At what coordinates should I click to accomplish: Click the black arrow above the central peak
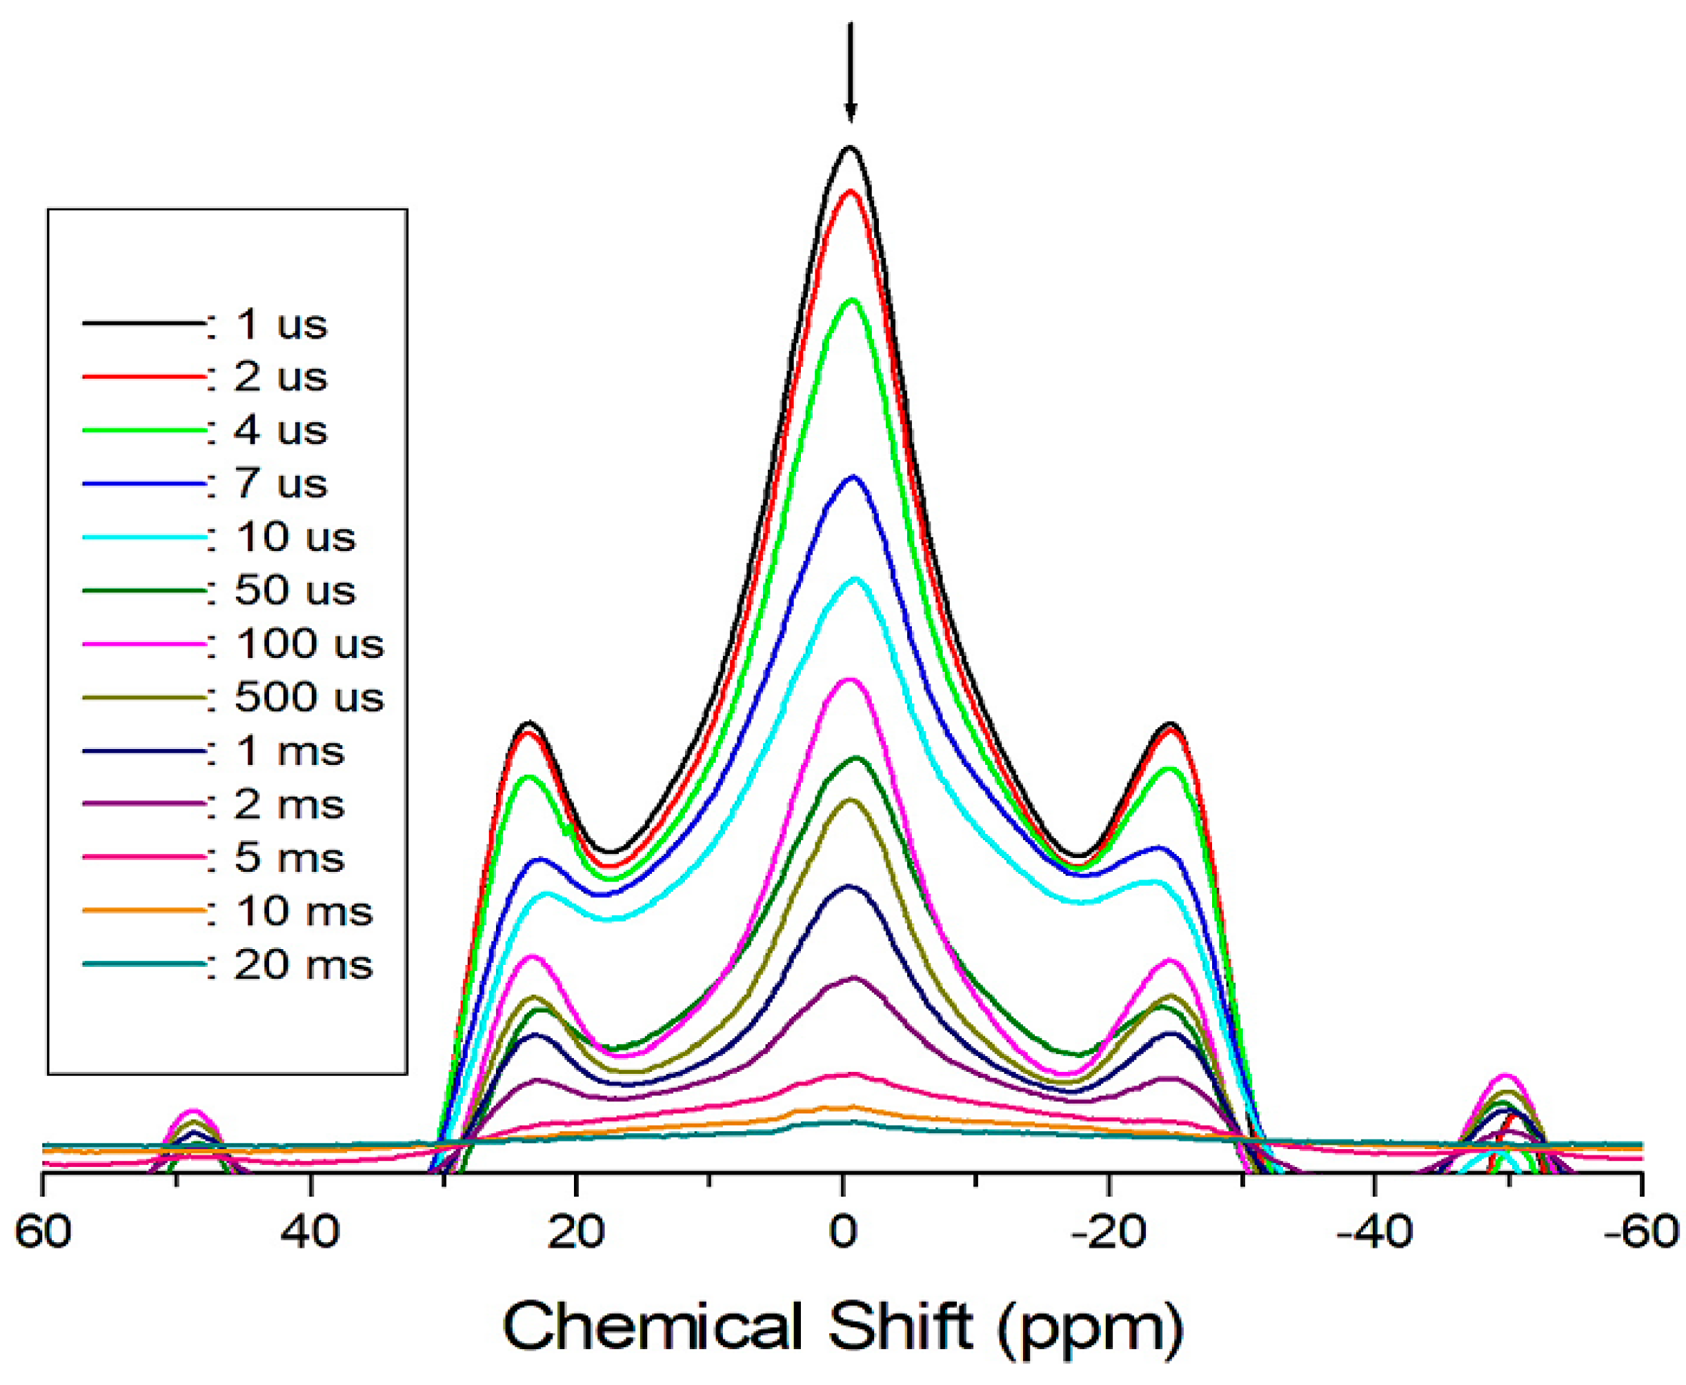click(x=850, y=72)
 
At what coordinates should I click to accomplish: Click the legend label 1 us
click(x=280, y=325)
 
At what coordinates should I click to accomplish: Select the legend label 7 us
click(x=280, y=484)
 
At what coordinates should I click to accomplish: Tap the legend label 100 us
click(x=309, y=644)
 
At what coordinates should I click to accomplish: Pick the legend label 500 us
click(x=309, y=697)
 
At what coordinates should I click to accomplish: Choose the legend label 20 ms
click(x=304, y=964)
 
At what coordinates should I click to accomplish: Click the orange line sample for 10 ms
click(x=143, y=910)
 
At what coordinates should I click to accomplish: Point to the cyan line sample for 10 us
click(x=143, y=537)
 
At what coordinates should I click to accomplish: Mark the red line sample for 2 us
click(x=143, y=377)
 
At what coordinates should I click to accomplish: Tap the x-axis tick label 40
click(x=310, y=1233)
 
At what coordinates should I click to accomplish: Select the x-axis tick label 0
click(x=842, y=1233)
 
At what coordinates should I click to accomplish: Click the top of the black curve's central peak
click(x=850, y=148)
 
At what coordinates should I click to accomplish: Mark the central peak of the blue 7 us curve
click(x=853, y=477)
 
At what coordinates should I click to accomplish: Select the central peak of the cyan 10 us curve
click(x=855, y=579)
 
